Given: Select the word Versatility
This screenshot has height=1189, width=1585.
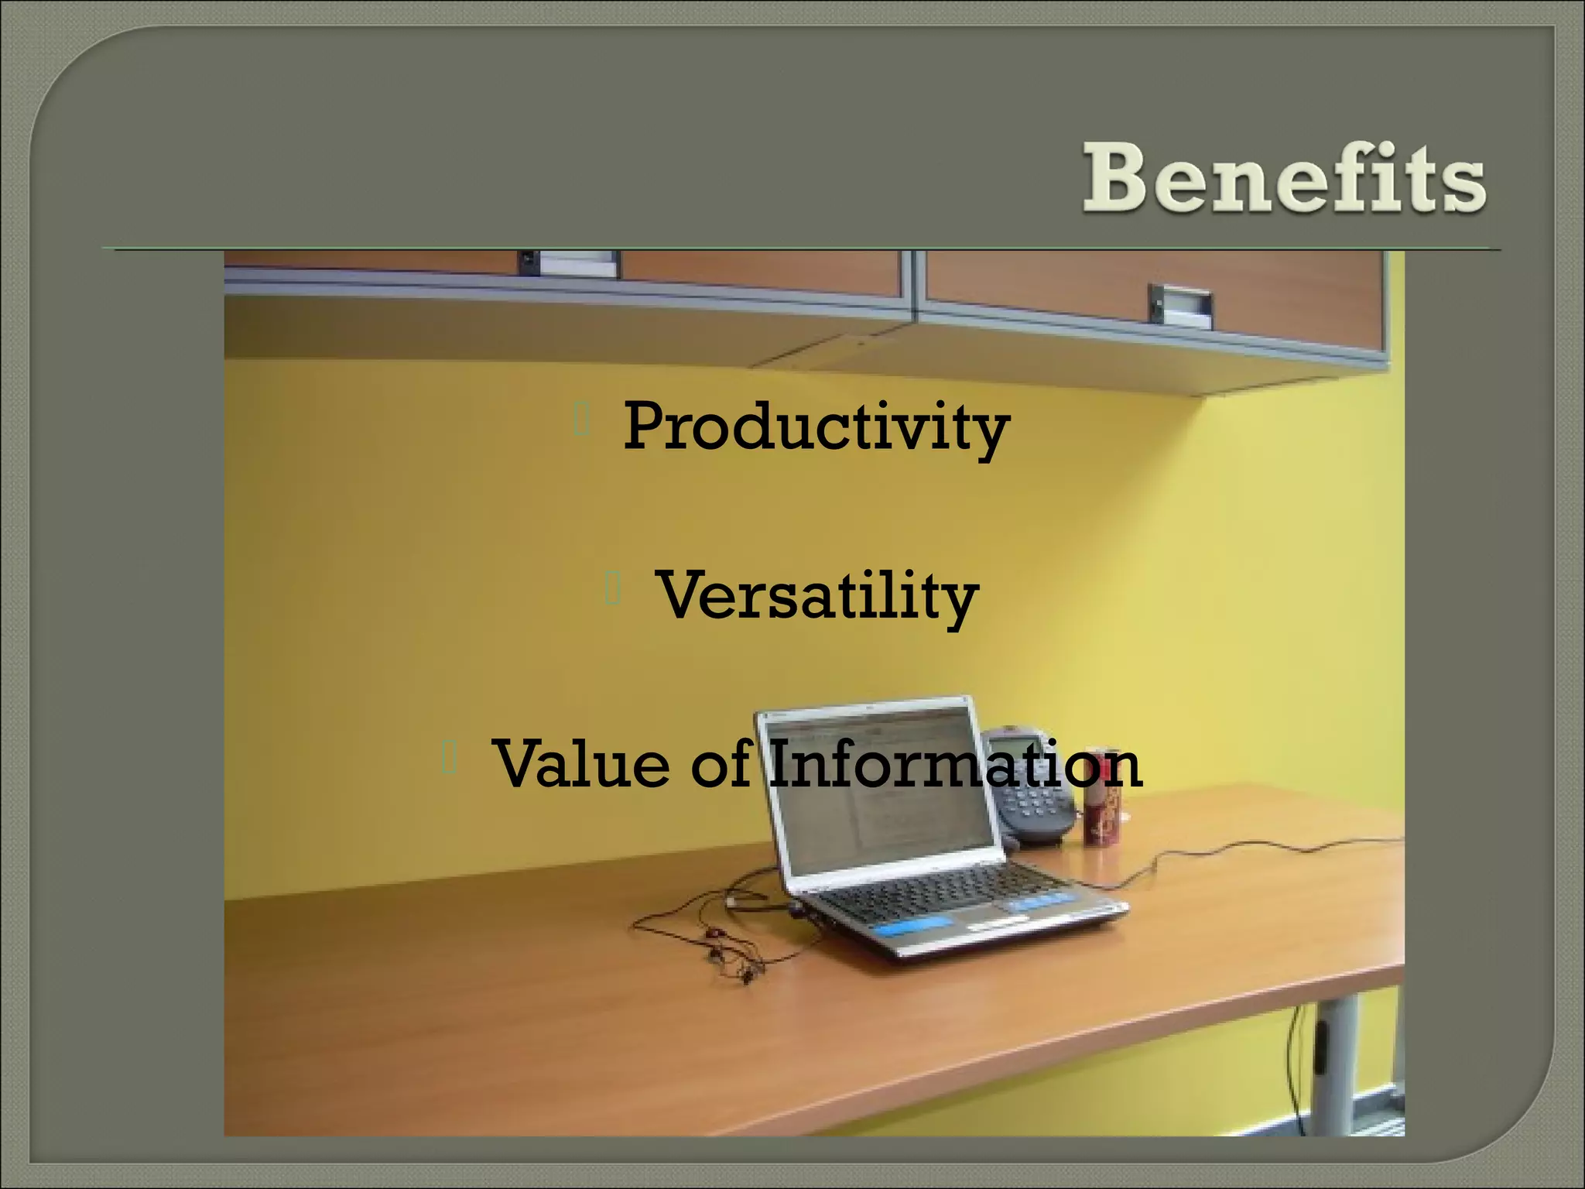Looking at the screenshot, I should pos(817,596).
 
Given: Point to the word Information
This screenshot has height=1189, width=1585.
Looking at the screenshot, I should pos(957,764).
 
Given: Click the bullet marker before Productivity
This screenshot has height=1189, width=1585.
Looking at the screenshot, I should pos(582,421).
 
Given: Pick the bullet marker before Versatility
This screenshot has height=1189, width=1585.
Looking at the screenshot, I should pos(613,590).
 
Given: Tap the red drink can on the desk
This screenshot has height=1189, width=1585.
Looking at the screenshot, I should pos(1099,805).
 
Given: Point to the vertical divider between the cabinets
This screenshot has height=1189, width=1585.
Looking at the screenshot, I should pos(915,286).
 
